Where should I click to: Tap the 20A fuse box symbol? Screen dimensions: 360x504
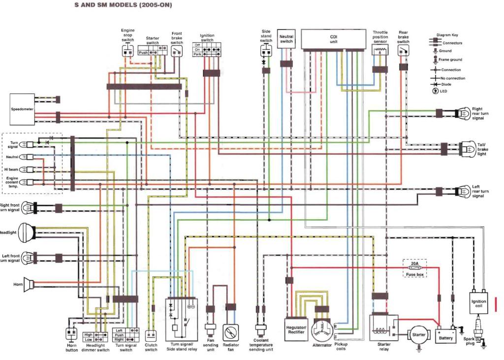(x=415, y=268)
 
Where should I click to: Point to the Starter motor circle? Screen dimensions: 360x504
(x=419, y=335)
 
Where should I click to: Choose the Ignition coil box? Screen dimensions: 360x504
(x=479, y=303)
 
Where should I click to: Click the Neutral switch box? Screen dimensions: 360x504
(x=286, y=39)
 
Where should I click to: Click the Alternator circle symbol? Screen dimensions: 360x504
(x=322, y=329)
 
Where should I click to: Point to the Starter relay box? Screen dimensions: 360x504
(x=384, y=328)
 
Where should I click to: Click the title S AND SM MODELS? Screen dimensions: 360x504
(x=123, y=5)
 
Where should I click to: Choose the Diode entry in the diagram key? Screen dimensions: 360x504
(x=436, y=84)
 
